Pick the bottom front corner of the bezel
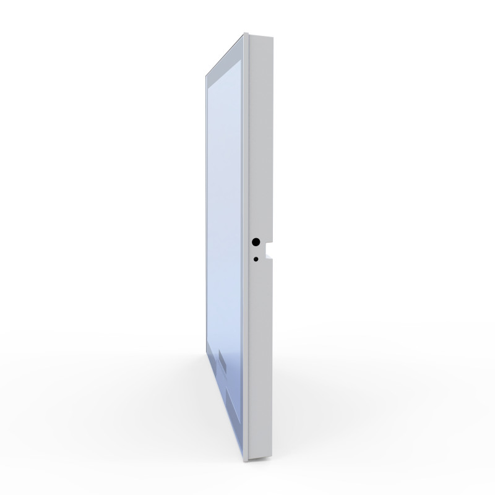point(246,460)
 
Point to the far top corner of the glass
point(206,75)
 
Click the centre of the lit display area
point(226,247)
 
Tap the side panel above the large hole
point(260,136)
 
